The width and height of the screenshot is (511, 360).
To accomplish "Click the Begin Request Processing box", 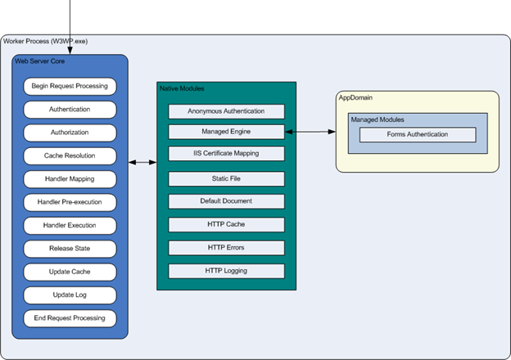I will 70,85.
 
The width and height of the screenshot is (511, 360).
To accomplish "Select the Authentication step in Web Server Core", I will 70,108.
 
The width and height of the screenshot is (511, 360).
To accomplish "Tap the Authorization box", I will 70,132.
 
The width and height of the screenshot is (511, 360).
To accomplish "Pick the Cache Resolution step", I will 70,155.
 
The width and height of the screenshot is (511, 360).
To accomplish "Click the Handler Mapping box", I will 70,178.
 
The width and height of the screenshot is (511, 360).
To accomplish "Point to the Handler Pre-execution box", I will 70,201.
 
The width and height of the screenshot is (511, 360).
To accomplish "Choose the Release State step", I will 70,248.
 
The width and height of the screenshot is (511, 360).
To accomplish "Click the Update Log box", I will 70,295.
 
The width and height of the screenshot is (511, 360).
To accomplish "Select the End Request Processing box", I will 70,317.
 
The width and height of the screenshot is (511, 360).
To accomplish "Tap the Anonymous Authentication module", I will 226,111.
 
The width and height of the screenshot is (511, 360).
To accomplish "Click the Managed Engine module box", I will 226,131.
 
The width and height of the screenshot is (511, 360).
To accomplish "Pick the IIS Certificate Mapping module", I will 226,153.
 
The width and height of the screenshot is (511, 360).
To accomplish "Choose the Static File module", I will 226,178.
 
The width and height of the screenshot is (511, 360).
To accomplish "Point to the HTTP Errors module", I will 226,247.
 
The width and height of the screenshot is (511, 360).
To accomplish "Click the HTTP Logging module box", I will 226,271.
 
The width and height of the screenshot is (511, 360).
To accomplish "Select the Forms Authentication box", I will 418,135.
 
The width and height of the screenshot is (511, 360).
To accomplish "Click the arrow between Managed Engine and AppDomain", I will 311,131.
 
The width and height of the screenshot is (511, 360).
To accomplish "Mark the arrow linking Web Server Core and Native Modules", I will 142,163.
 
